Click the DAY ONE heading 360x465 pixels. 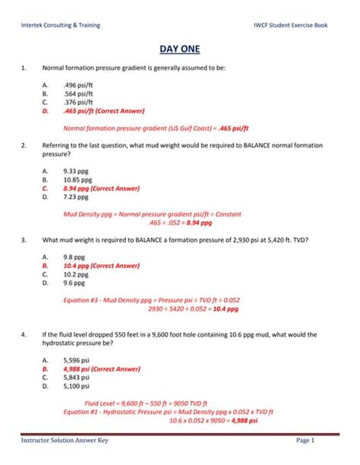180,50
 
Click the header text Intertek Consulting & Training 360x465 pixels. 61,25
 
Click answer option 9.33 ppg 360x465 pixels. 77,171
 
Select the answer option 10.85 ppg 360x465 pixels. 79,179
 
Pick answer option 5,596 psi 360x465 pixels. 77,360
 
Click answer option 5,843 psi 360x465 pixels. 77,377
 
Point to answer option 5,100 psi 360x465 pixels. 77,385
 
